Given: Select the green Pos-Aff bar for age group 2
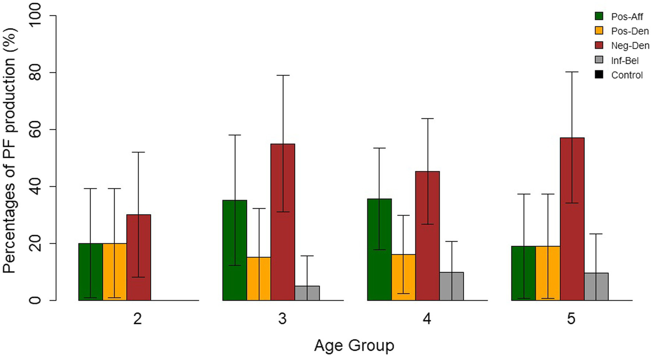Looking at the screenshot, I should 90,272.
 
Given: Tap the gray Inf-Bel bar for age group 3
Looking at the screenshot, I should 307,293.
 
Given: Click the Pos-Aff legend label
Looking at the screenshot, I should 627,17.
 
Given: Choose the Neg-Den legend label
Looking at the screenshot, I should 630,46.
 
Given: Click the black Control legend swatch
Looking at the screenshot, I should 599,75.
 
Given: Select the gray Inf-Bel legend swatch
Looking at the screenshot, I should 599,60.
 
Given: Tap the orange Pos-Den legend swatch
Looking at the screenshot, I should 599,31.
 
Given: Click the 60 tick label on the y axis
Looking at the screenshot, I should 36,130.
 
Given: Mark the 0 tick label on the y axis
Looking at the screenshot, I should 36,300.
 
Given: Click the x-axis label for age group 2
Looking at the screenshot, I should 138,319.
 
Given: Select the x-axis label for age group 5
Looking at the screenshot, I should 571,319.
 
